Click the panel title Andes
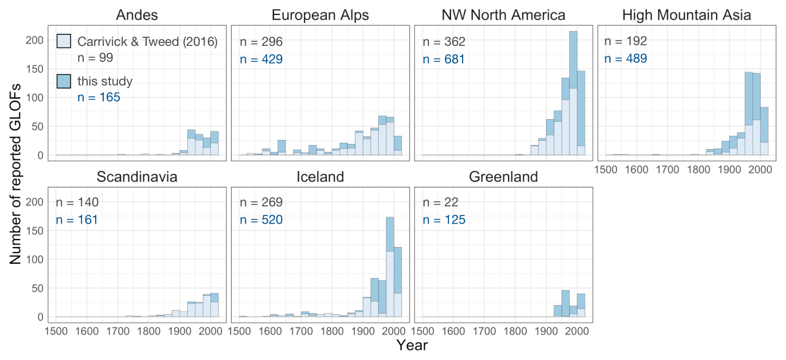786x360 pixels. tap(136, 15)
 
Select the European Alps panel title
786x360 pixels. tap(320, 15)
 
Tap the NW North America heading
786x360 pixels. tap(503, 15)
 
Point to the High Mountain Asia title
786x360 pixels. tap(686, 15)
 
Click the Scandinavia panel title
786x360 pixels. tap(136, 177)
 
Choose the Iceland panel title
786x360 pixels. tap(320, 177)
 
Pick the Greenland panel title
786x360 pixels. tap(503, 177)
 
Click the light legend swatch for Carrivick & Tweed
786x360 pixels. tap(64, 41)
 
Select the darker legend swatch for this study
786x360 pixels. tap(64, 81)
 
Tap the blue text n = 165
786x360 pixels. tap(99, 97)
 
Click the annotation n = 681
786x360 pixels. tap(444, 59)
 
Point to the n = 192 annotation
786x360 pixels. tap(626, 41)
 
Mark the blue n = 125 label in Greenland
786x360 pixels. tap(444, 220)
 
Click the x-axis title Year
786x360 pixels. tap(412, 346)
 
